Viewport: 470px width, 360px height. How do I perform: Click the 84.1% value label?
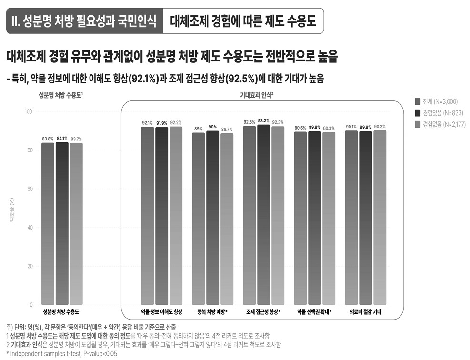[61, 138]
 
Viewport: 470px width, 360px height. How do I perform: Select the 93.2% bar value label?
[263, 121]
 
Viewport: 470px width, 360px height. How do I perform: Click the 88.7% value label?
[227, 129]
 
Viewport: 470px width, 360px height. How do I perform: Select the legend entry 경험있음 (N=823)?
[439, 113]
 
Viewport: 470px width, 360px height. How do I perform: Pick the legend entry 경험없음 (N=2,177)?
[440, 125]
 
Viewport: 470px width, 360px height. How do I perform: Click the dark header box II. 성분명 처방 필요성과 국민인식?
[84, 21]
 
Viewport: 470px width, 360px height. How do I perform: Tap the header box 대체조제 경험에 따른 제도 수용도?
[243, 21]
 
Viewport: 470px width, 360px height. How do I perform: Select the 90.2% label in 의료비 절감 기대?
[380, 127]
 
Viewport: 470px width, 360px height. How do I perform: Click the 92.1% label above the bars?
[147, 123]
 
